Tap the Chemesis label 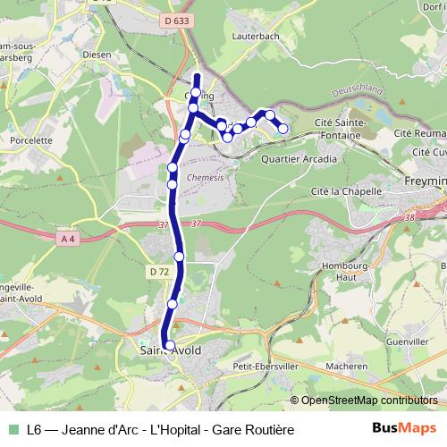(x=205, y=177)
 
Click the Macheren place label (x=346, y=367)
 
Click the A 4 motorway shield (x=68, y=239)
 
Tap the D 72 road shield (x=159, y=271)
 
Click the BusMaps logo (x=404, y=428)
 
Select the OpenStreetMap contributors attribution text (x=369, y=401)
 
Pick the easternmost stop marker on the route (x=283, y=129)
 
